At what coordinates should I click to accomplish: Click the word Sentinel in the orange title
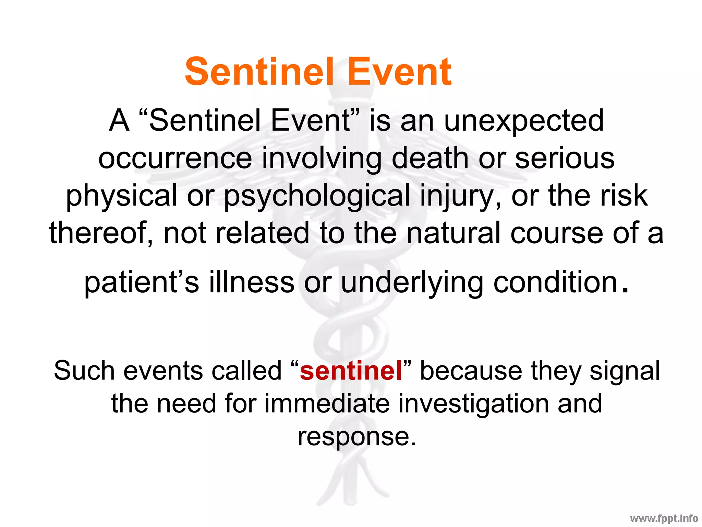point(259,72)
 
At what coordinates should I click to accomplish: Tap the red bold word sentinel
point(351,371)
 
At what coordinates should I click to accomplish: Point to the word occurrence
point(175,159)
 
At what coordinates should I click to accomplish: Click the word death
point(430,159)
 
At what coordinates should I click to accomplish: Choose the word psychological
point(317,196)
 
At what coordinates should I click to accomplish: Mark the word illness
point(252,283)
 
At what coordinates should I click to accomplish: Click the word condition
point(556,283)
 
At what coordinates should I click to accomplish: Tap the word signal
point(625,372)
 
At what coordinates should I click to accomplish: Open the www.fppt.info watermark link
point(664,518)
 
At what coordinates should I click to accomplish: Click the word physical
point(122,196)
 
